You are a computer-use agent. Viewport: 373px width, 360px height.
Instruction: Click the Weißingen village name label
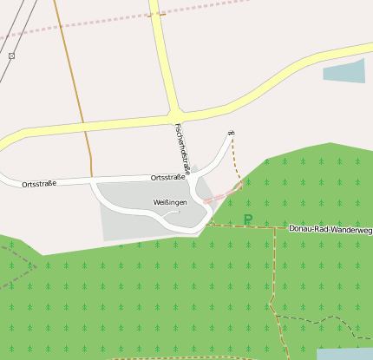coord(169,202)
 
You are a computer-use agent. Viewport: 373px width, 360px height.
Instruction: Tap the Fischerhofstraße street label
coord(182,146)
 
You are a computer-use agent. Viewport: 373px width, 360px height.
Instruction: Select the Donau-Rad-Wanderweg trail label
coord(330,230)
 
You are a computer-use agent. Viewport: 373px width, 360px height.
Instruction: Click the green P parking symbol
coord(247,220)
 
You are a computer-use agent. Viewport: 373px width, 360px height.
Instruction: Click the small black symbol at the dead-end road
coord(231,133)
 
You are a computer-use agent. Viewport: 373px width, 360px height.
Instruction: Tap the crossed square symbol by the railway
coord(11,56)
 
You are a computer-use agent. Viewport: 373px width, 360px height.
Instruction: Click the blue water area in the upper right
coord(344,71)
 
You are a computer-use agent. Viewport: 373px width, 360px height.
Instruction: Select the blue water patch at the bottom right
coord(344,354)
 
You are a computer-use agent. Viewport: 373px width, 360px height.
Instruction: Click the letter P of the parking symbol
coord(247,220)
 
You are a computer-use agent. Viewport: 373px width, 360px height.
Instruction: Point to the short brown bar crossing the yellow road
coord(156,14)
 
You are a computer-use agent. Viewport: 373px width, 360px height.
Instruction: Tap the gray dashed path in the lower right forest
coord(321,320)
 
